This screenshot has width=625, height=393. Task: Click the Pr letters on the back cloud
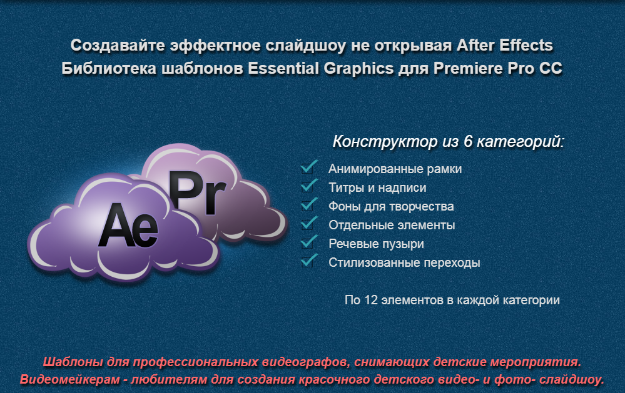coord(198,193)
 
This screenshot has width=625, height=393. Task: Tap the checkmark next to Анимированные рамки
coord(309,167)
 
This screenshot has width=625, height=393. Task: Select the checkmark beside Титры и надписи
coord(309,186)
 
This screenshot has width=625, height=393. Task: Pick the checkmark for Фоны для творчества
coord(309,204)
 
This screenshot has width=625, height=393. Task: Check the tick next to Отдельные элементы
coord(309,223)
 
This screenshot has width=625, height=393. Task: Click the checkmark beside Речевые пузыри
coord(309,242)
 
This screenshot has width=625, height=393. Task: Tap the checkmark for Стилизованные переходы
coord(309,261)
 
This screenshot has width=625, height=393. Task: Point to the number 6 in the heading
coord(468,141)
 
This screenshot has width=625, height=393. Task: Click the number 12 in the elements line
coord(371,300)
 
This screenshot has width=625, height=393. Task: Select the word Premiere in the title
coord(467,69)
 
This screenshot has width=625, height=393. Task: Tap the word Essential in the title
coord(283,69)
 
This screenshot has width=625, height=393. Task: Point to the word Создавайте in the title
coord(118,46)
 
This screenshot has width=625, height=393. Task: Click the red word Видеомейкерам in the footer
coord(69,379)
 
